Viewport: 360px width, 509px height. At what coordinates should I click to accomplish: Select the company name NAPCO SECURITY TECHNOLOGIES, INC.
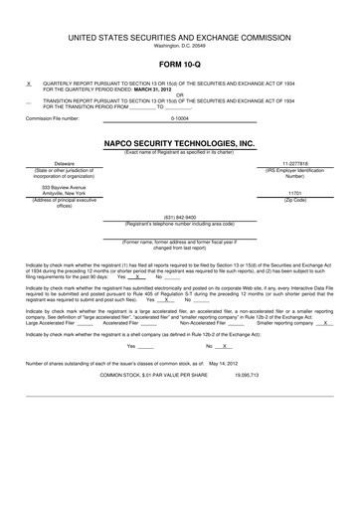[179, 143]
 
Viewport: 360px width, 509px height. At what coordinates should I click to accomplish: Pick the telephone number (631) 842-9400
[179, 217]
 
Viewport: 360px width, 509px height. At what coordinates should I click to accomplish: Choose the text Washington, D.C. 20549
[179, 18]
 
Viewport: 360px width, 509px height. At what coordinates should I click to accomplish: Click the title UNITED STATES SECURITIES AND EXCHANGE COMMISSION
[179, 9]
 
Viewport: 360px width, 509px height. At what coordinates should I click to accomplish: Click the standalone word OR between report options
[179, 96]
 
